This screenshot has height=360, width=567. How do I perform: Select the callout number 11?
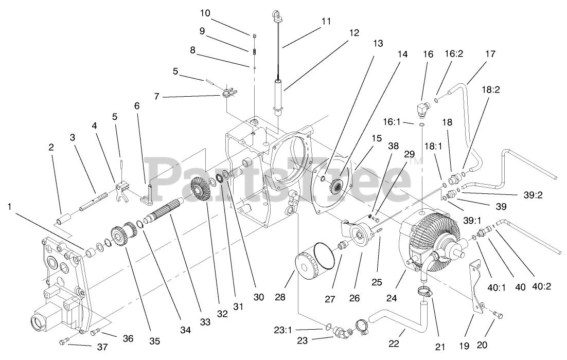coord(326,23)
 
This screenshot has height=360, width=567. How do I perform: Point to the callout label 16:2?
coord(454,54)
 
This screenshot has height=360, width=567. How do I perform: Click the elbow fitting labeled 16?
coord(422,110)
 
